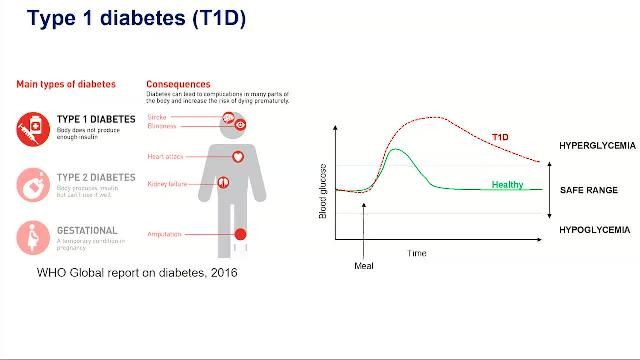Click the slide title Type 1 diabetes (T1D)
[x=136, y=19]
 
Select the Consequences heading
[x=178, y=84]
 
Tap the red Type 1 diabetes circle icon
[x=33, y=129]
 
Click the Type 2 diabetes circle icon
[x=33, y=183]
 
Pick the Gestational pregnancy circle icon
[x=33, y=237]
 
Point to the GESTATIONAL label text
[x=87, y=230]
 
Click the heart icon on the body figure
[x=238, y=156]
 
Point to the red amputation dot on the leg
[x=239, y=235]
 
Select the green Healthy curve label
[x=507, y=185]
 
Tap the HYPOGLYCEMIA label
[x=594, y=230]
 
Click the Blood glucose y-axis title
[x=323, y=192]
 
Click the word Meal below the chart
[x=364, y=266]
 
